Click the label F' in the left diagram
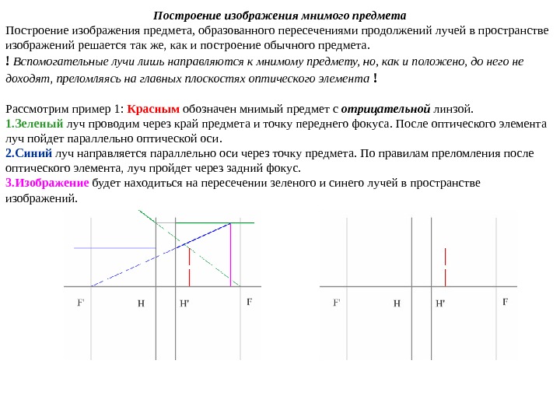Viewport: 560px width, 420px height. click(x=81, y=303)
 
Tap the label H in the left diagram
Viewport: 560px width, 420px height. click(x=141, y=303)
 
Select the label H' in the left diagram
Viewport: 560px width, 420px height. click(x=184, y=303)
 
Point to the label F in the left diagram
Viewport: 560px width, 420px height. click(x=249, y=301)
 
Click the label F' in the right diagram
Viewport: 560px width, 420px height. click(x=337, y=303)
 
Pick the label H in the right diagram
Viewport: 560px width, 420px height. click(x=397, y=303)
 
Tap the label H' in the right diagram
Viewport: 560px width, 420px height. click(x=440, y=303)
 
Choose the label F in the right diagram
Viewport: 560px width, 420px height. click(x=505, y=301)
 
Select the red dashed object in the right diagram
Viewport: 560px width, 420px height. click(x=445, y=267)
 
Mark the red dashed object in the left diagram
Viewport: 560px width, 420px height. click(x=189, y=267)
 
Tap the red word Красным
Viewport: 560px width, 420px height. click(x=153, y=108)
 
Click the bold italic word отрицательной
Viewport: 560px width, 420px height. click(x=386, y=108)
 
